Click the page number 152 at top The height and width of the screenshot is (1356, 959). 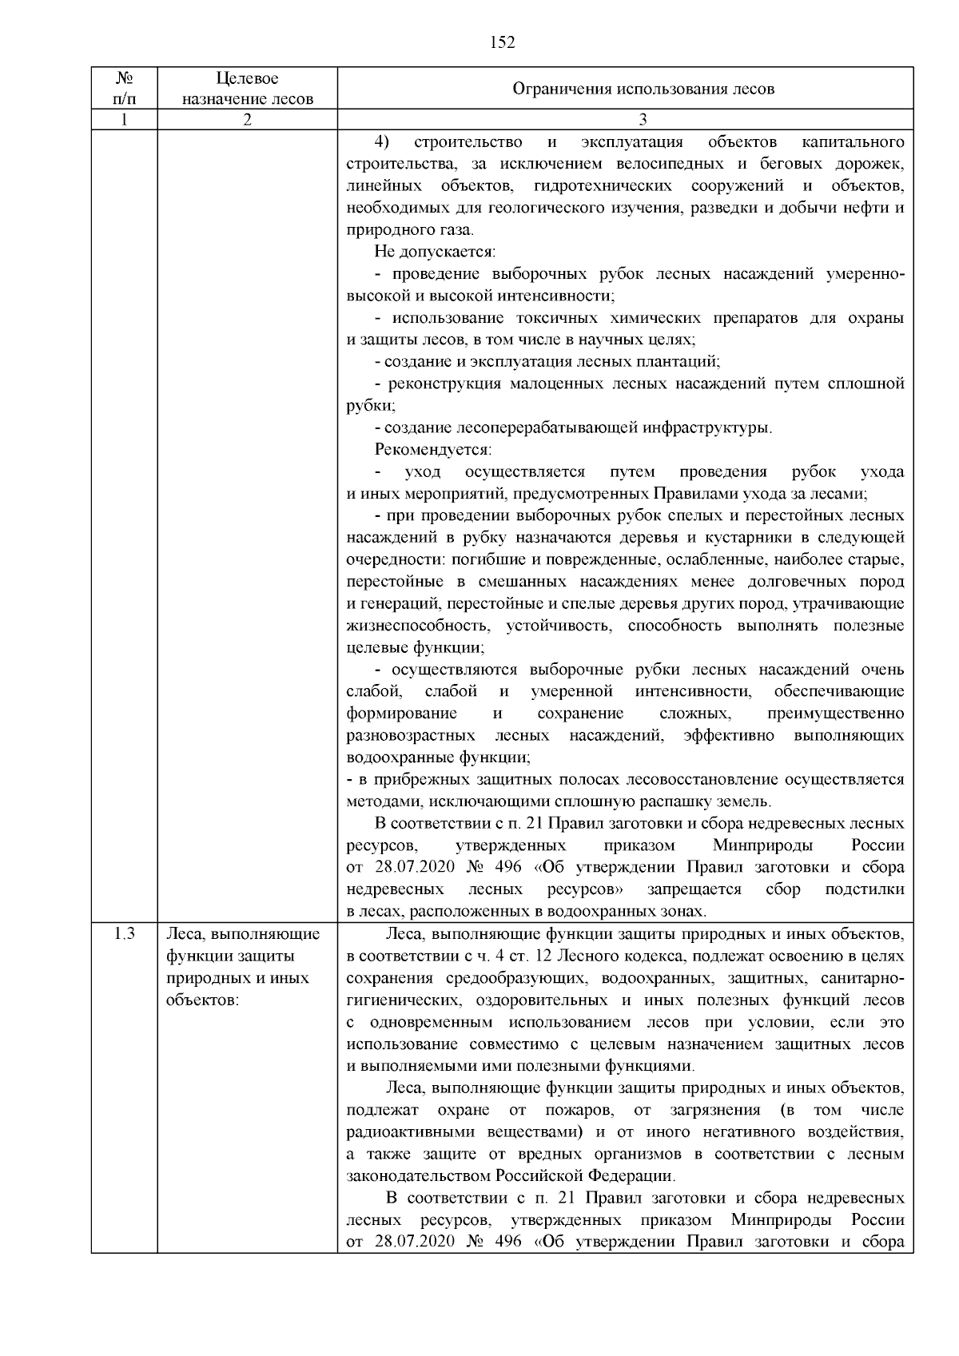(x=502, y=42)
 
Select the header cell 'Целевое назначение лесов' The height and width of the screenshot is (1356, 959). (x=247, y=89)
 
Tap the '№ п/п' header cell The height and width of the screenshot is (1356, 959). (x=124, y=89)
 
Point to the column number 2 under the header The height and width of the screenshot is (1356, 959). (x=247, y=120)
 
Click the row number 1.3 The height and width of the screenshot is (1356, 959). (x=124, y=933)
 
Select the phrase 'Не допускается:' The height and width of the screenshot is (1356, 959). (x=436, y=253)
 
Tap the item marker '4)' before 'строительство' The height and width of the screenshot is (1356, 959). (x=382, y=142)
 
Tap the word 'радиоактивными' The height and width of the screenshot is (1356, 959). (x=402, y=1131)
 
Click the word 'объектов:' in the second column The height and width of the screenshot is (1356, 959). (x=203, y=1000)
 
